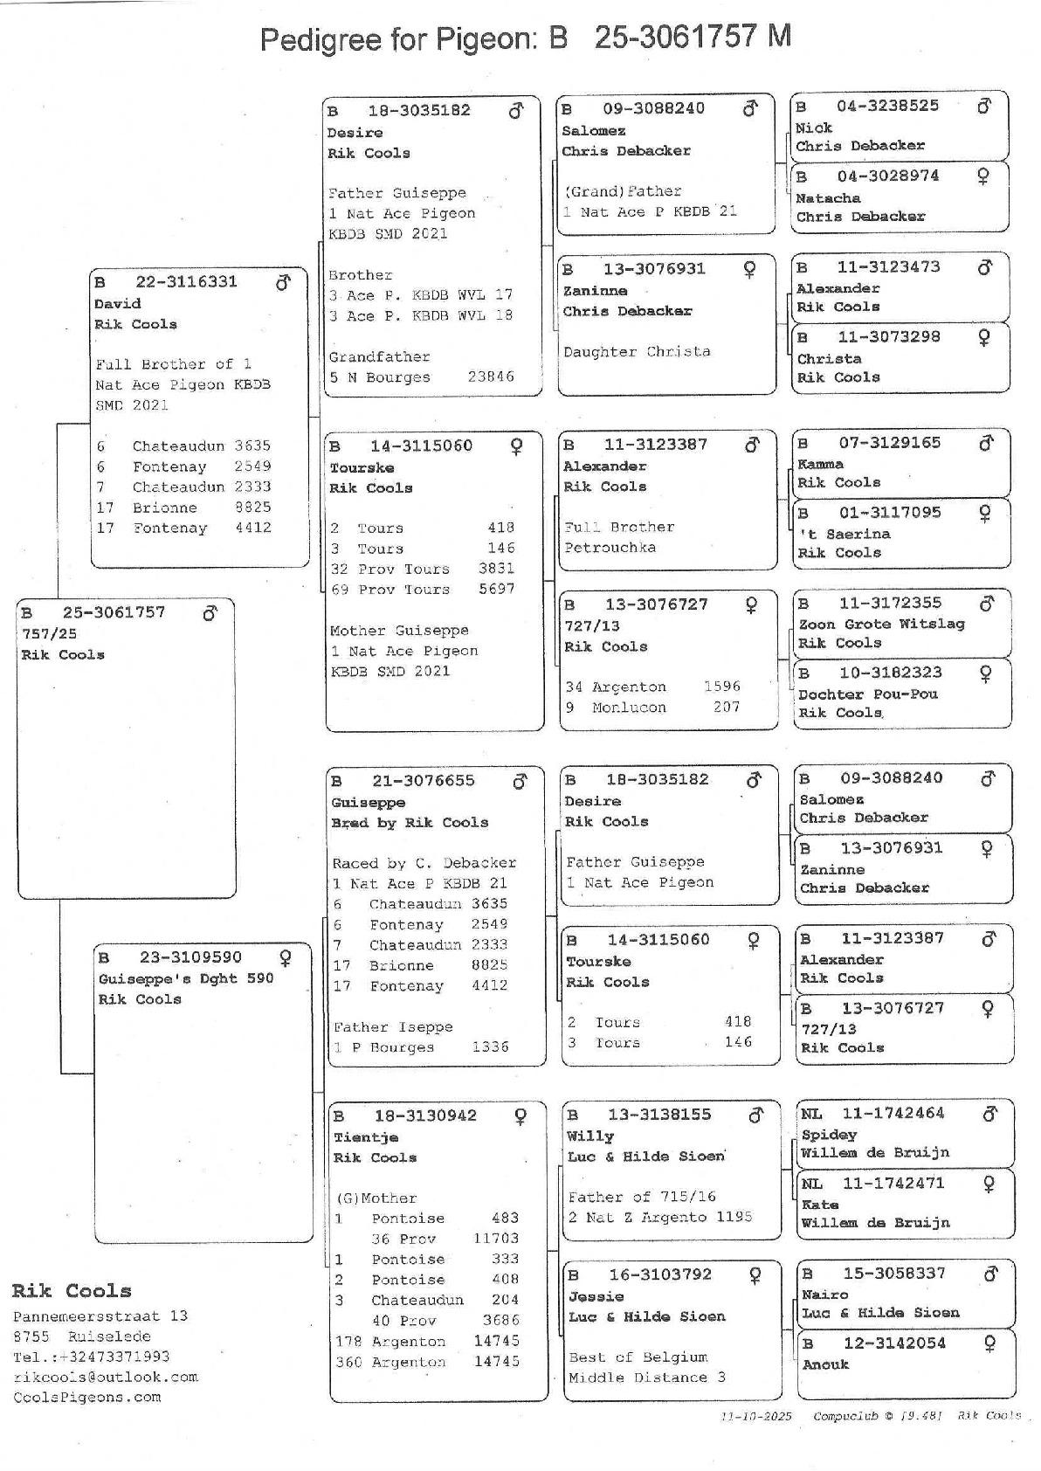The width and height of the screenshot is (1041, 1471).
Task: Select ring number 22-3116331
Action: (185, 282)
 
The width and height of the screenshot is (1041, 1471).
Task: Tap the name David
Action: (117, 304)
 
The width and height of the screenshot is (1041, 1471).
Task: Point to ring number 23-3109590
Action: (190, 957)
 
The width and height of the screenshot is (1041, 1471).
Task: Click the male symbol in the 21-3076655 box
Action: (520, 782)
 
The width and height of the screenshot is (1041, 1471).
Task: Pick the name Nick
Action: (814, 128)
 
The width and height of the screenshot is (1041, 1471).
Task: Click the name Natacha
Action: (828, 198)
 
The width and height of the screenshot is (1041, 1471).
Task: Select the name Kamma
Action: (821, 464)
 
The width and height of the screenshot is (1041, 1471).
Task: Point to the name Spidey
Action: (829, 1135)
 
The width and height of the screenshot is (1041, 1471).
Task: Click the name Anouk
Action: (825, 1364)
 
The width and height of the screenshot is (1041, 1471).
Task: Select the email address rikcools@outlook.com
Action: (105, 1378)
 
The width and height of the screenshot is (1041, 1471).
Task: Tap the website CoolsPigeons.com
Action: (87, 1398)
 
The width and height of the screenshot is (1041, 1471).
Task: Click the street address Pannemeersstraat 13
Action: (100, 1316)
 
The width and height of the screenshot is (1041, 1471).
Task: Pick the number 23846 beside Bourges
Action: (491, 377)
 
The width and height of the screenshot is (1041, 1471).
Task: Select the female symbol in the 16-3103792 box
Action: (755, 1275)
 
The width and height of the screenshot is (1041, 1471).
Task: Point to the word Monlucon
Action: (629, 708)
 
